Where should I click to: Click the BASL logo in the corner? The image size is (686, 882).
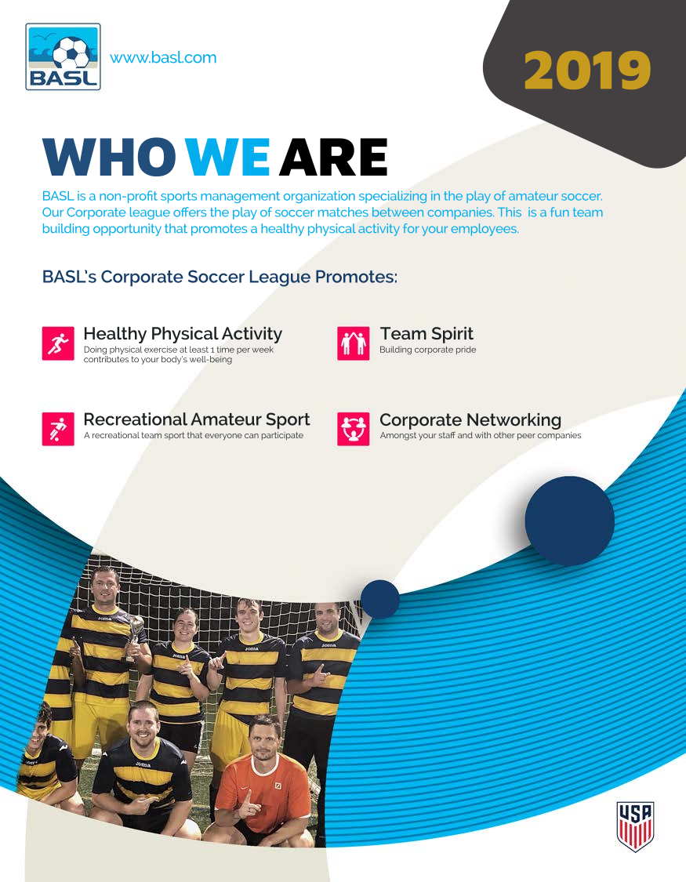click(x=63, y=57)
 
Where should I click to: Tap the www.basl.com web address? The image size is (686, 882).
click(x=163, y=57)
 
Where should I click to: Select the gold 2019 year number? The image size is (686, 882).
click(x=587, y=71)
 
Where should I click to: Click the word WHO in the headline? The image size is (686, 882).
click(x=109, y=158)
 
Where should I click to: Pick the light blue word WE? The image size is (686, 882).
click(x=227, y=158)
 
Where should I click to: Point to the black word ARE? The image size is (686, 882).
click(x=333, y=158)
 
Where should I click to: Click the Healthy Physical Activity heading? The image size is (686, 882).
click(x=183, y=335)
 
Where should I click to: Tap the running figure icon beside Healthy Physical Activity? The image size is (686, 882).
click(x=58, y=343)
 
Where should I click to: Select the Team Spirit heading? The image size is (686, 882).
click(x=426, y=335)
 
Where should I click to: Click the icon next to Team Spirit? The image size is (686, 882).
click(x=354, y=343)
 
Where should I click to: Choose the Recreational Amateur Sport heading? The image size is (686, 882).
click(x=197, y=419)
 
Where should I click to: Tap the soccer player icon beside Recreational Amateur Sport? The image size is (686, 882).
click(x=58, y=429)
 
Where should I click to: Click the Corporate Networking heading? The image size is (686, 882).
click(x=470, y=420)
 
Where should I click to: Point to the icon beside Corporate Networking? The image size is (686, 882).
click(x=354, y=429)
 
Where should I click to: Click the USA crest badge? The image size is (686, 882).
click(x=635, y=826)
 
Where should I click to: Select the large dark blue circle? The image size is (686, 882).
click(x=569, y=521)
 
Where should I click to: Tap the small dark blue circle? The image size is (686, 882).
click(x=380, y=599)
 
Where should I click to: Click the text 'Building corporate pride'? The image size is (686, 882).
click(x=428, y=350)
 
